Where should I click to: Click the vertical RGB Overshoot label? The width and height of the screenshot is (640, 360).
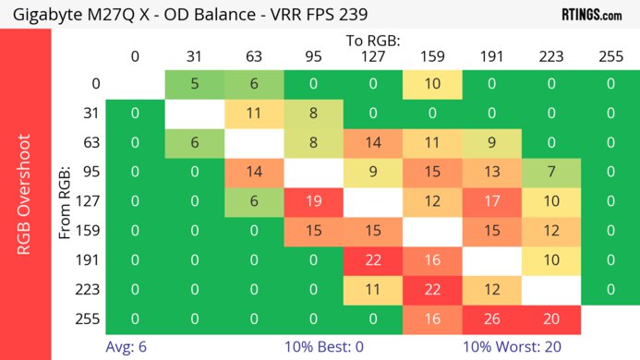25,193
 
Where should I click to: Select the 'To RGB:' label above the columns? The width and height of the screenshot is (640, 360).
373,41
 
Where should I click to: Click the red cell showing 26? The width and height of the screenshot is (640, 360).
492,318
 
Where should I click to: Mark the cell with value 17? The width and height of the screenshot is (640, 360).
492,202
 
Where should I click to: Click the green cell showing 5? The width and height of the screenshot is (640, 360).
194,84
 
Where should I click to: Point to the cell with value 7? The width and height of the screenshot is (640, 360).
551,173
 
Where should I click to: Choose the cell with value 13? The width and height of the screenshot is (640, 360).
492,173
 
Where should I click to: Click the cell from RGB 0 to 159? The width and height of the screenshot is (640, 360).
432,84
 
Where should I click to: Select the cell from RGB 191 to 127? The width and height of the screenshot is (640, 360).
372,261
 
